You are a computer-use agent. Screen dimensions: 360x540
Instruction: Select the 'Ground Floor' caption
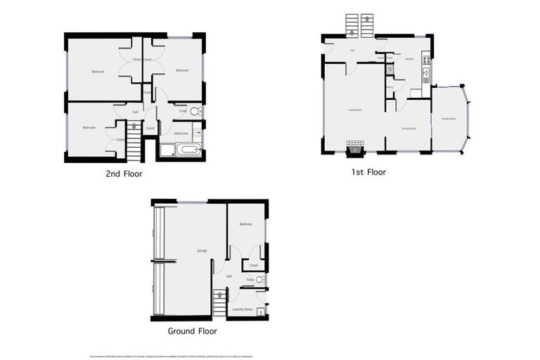click(x=192, y=330)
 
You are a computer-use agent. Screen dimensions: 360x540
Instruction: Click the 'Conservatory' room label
click(x=449, y=118)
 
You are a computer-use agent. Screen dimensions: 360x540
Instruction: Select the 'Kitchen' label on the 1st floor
click(x=409, y=59)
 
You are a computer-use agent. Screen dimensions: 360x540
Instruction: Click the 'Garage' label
click(x=201, y=250)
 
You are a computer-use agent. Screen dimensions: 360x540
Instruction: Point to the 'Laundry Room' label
click(x=243, y=309)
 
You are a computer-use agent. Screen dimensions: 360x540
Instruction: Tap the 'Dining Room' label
click(x=409, y=129)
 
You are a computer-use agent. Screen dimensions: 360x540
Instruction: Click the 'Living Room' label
click(x=354, y=110)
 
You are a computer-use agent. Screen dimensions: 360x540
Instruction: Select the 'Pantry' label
click(x=389, y=87)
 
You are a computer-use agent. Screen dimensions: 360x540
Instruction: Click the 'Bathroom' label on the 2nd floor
click(x=181, y=132)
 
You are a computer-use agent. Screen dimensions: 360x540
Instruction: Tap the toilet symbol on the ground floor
click(x=259, y=280)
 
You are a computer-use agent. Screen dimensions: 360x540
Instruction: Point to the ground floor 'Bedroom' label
click(x=245, y=224)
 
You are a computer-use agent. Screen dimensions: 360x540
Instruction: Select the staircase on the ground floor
click(x=219, y=303)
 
